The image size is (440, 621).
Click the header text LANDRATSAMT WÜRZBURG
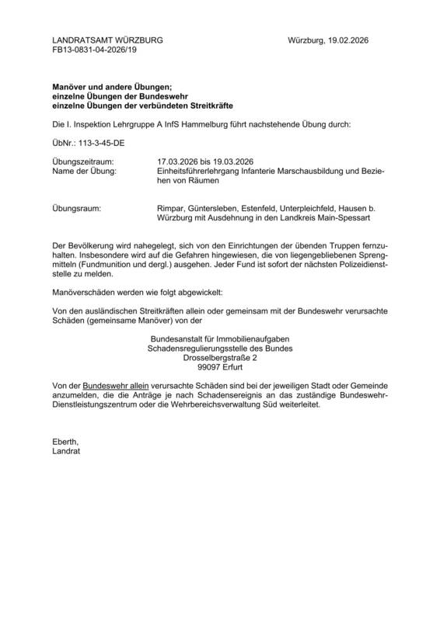point(108,40)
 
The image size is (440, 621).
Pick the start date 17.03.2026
point(180,161)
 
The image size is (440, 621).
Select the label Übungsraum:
point(77,208)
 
